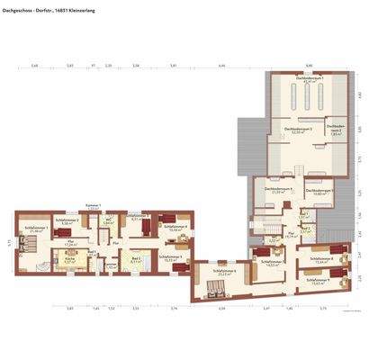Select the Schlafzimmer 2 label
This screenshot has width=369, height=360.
67,220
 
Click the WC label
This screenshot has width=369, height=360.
108,220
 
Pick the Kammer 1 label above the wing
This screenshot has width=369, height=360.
93,206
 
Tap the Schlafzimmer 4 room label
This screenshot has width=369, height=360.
175,226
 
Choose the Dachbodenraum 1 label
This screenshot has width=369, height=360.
309,80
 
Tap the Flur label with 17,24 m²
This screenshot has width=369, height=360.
70,242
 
